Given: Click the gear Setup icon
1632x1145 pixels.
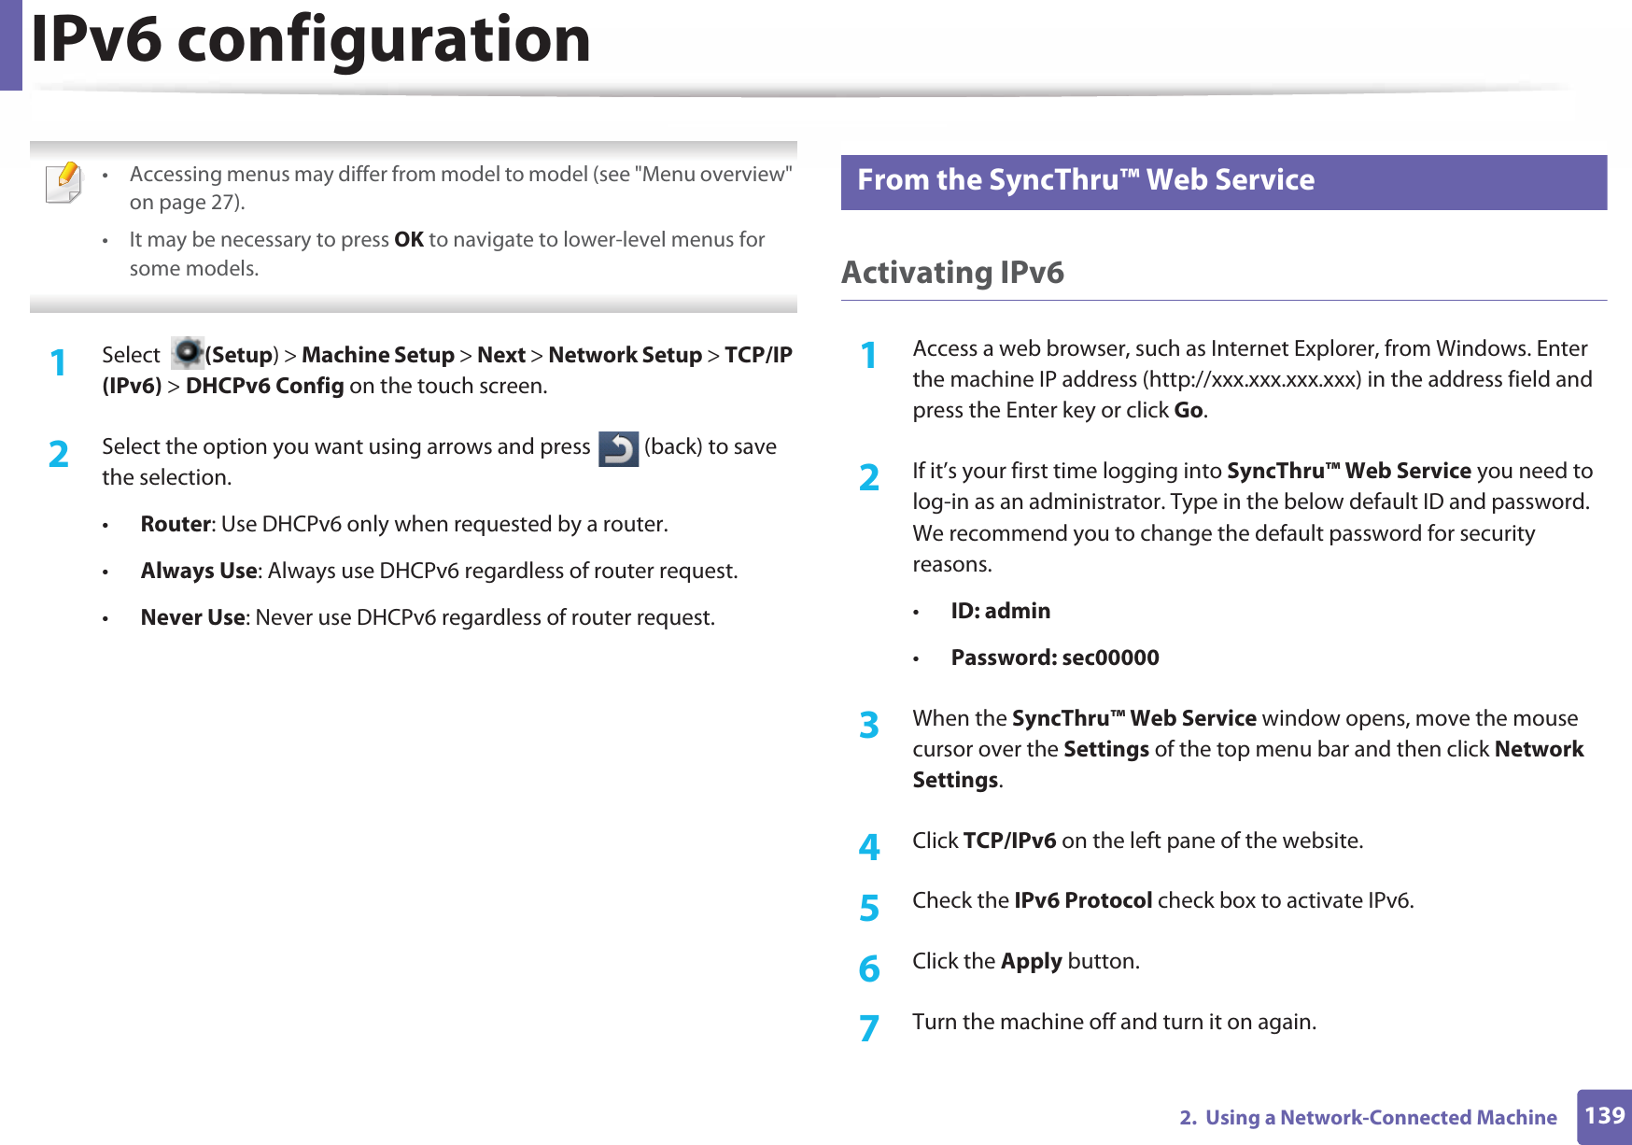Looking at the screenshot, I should [x=189, y=353].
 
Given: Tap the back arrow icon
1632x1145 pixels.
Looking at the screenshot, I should [x=618, y=448].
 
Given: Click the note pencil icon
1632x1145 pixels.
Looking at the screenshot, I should [x=63, y=181].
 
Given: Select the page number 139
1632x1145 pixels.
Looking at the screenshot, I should [x=1604, y=1115].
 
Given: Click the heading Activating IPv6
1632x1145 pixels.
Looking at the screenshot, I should [x=952, y=273].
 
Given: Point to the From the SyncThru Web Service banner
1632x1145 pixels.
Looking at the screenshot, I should [x=1223, y=181].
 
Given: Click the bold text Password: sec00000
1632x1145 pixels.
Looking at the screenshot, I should [x=1055, y=657].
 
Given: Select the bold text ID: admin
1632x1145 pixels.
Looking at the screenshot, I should [x=1000, y=611].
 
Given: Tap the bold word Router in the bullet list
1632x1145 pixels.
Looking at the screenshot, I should [x=176, y=524].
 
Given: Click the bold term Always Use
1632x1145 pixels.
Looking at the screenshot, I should [x=199, y=571].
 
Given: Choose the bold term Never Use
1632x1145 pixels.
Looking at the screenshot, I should [x=192, y=617].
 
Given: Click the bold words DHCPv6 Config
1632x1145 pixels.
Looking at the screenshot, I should [x=265, y=386].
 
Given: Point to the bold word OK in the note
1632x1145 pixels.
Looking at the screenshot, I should [x=409, y=240].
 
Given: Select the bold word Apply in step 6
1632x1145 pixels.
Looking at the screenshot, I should [x=1032, y=961].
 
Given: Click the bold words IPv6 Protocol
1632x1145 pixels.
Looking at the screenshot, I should [x=1083, y=900].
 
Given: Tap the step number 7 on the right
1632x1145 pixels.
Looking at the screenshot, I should [x=869, y=1027].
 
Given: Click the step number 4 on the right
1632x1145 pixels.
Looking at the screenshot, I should [x=869, y=846].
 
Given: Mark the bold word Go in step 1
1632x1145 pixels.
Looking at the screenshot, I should [x=1189, y=410].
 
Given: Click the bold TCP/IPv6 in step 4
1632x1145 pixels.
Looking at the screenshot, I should [x=1009, y=841].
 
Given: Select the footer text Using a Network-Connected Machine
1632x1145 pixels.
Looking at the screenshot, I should [x=1381, y=1117].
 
